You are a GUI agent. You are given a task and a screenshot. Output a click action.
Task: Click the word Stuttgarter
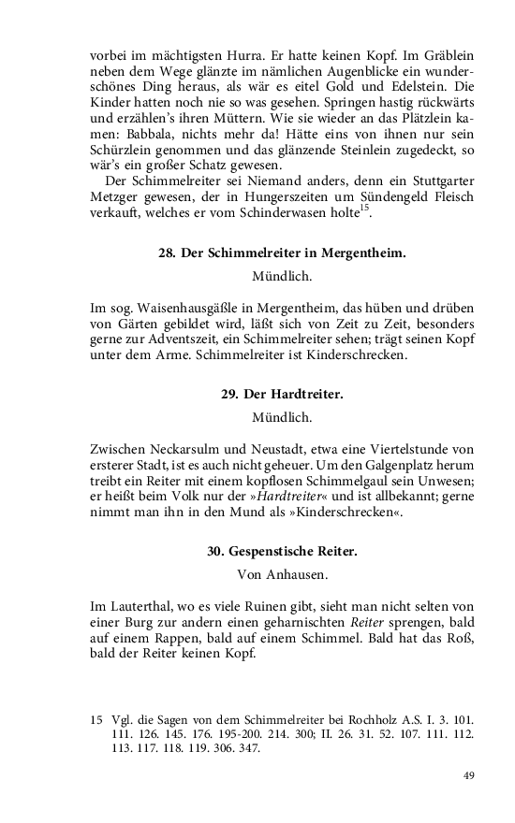(x=435, y=180)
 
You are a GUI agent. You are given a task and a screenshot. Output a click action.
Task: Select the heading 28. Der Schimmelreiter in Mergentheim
(x=282, y=252)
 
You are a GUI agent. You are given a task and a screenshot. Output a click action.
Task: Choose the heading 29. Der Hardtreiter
(x=282, y=394)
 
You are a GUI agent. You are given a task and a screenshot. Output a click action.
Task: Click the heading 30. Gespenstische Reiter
(x=282, y=551)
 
